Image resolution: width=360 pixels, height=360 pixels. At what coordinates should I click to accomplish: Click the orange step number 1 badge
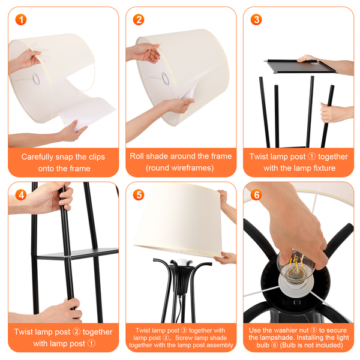[x=21, y=20]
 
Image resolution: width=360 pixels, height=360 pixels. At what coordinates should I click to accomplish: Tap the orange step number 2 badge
[x=139, y=20]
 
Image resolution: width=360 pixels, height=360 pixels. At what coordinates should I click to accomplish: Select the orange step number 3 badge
[x=256, y=20]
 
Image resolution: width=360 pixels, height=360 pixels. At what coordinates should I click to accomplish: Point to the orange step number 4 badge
[x=21, y=195]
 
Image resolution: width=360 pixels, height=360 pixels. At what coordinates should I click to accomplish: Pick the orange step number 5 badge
[x=139, y=195]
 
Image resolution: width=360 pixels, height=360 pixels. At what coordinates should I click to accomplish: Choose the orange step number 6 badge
[x=256, y=195]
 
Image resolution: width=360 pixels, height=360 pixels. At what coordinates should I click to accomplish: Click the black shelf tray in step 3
[x=301, y=66]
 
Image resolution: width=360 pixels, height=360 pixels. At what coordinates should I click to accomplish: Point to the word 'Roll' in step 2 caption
[x=137, y=156]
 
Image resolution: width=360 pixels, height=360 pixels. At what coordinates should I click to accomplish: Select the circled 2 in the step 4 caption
[x=76, y=332]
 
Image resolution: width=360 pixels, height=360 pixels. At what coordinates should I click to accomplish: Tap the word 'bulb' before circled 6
[x=263, y=345]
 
